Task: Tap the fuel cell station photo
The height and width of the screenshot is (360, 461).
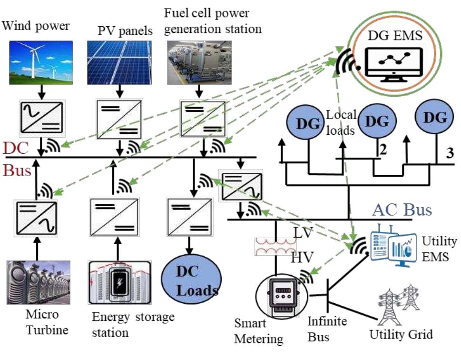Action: click(199, 61)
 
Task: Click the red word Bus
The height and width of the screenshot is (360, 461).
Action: click(18, 170)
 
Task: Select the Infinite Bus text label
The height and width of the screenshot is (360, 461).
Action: click(319, 330)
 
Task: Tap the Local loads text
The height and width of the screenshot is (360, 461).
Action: click(341, 121)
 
